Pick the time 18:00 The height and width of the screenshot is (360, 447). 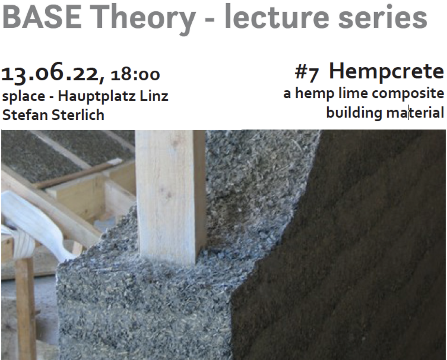tap(135, 75)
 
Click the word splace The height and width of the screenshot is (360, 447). tap(23, 97)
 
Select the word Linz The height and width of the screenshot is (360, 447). tap(154, 96)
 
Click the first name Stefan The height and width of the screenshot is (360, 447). tap(25, 115)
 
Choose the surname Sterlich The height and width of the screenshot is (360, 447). tap(78, 115)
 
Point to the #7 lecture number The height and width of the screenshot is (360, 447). tap(307, 73)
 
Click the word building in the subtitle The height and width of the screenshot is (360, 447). tap(354, 112)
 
